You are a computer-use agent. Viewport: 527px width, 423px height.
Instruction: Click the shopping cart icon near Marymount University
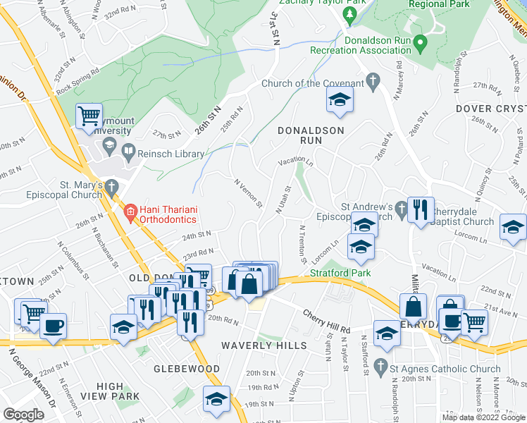click(x=89, y=116)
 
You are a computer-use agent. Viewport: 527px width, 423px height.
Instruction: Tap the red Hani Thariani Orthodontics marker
click(x=130, y=211)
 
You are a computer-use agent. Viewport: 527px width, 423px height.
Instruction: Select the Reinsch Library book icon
click(x=128, y=150)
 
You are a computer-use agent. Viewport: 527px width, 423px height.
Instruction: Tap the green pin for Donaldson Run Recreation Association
click(x=420, y=44)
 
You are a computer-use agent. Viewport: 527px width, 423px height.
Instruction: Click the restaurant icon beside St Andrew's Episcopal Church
click(x=421, y=209)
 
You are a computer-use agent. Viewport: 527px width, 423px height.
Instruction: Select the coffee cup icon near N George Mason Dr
click(x=53, y=326)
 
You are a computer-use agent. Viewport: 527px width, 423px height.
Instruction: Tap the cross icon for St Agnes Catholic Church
click(x=381, y=366)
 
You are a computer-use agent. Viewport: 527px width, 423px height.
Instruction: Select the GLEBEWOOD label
click(x=187, y=369)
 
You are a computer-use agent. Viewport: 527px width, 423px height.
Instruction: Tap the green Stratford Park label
click(x=340, y=272)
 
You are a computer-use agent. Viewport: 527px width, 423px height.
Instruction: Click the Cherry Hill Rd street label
click(x=326, y=321)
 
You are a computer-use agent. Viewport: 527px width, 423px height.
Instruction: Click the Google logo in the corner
click(x=23, y=414)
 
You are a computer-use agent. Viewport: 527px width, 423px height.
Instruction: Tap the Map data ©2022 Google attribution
click(x=483, y=417)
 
